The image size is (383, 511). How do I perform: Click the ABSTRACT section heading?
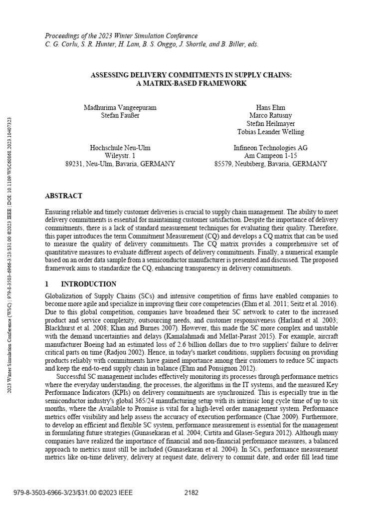[64, 196]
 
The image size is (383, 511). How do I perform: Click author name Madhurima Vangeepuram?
[120, 107]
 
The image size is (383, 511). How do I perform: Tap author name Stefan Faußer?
[120, 115]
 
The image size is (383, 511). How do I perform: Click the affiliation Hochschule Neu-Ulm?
[120, 148]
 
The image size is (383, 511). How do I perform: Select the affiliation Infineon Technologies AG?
[270, 148]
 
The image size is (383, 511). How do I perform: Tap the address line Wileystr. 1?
[120, 156]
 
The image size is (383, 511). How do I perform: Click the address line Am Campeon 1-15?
[270, 156]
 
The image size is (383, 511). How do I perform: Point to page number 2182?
[191, 493]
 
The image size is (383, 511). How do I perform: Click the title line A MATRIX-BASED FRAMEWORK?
[191, 83]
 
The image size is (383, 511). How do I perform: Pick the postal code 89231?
[75, 164]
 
